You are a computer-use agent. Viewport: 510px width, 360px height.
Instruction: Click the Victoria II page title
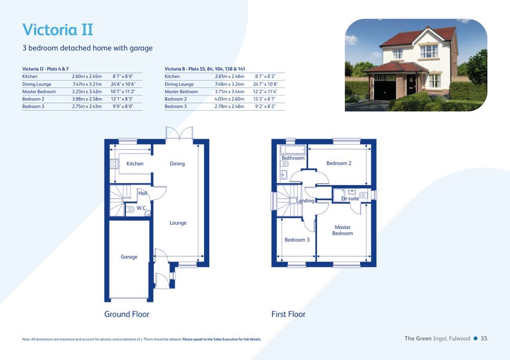tap(58, 30)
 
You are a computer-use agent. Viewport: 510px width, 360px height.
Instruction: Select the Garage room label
tap(129, 257)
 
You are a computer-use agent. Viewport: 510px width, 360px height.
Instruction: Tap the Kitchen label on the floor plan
tap(135, 164)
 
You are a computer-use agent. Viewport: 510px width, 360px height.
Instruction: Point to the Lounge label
tap(178, 223)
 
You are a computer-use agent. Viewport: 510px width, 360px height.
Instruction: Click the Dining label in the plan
tap(177, 164)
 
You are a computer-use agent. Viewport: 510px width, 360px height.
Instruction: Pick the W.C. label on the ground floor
tap(141, 208)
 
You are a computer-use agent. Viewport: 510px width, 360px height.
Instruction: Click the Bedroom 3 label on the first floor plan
tap(297, 240)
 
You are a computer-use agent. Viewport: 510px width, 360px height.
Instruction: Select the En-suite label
tap(350, 198)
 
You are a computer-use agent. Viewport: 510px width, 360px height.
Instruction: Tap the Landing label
tap(305, 200)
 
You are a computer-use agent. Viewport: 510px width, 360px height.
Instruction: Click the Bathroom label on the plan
tap(293, 158)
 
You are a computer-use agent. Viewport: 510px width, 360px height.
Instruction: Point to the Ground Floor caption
tap(126, 314)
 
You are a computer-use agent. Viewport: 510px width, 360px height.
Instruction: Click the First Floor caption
tap(289, 314)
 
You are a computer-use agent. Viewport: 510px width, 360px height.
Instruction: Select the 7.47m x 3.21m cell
tap(87, 84)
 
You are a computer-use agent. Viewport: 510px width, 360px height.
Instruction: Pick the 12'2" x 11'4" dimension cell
tap(265, 91)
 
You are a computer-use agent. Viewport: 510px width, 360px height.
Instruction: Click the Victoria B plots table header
tap(205, 69)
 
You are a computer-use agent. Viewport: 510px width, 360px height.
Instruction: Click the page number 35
tap(484, 339)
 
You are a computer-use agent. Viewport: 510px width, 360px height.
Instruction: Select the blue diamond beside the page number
tap(475, 339)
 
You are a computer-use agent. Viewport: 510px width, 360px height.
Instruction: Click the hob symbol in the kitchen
tap(114, 164)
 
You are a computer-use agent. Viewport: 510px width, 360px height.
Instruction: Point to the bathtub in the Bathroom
tap(293, 149)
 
